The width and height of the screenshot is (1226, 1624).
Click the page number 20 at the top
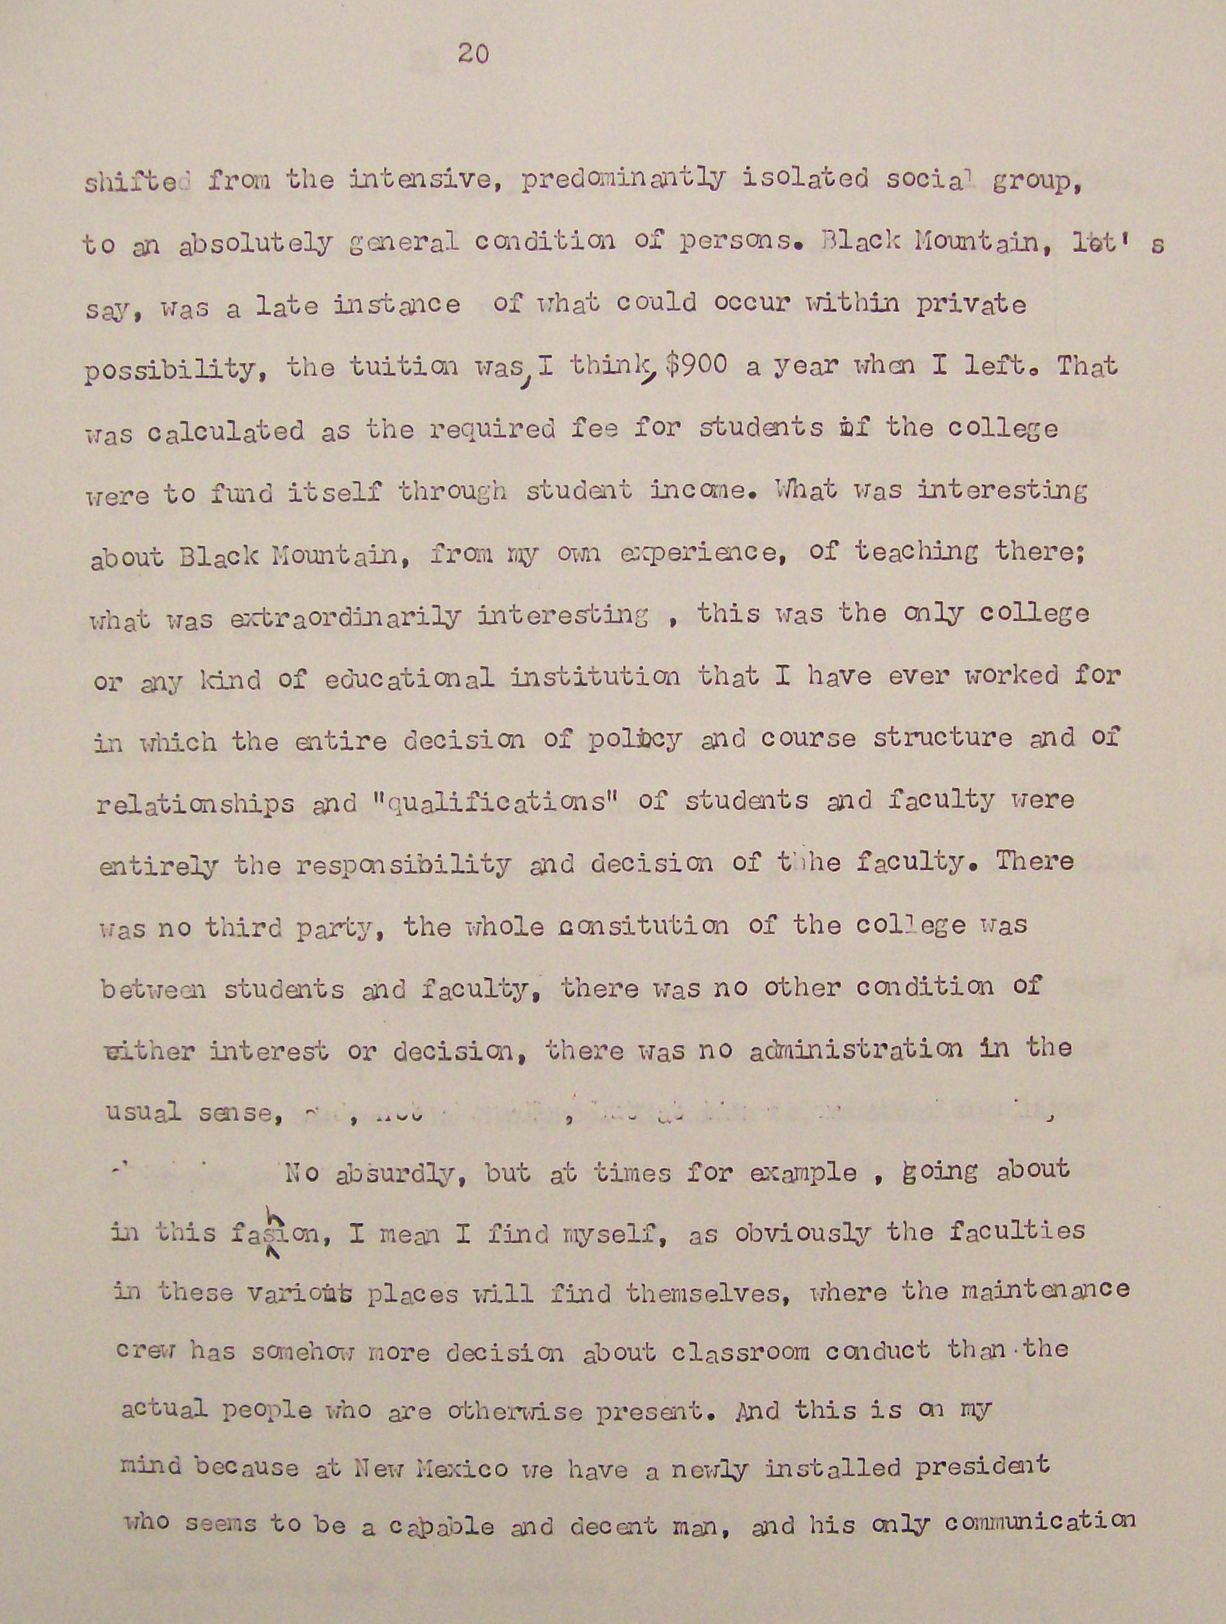point(472,54)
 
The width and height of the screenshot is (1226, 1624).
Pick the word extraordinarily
point(345,616)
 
